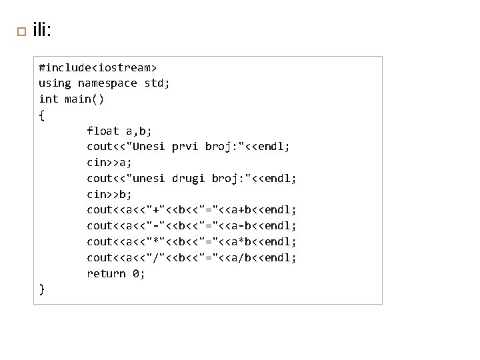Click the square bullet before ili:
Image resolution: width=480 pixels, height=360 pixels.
20,32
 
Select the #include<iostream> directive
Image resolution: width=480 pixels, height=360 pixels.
98,67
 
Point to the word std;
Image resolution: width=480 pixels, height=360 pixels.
157,83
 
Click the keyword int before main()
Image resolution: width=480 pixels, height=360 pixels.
49,99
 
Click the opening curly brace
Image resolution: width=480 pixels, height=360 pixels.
42,115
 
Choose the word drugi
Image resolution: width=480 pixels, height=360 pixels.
188,179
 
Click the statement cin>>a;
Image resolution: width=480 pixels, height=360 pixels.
109,163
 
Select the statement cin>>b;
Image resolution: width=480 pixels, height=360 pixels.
109,195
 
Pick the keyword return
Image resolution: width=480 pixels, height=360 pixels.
106,274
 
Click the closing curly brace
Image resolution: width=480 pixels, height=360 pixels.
42,289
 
